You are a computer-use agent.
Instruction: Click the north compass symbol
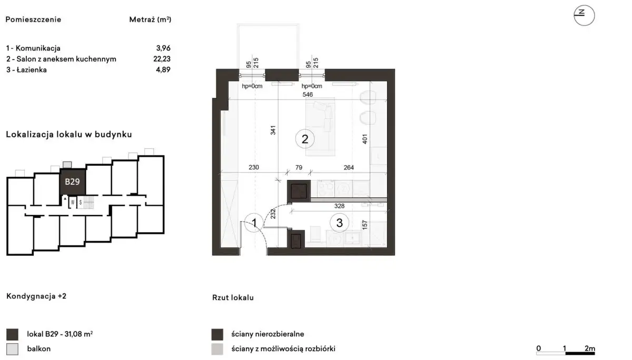click(x=584, y=15)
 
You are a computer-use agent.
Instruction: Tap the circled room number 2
click(x=305, y=139)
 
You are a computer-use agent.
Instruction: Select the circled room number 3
click(x=339, y=223)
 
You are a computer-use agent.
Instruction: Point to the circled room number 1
click(x=254, y=223)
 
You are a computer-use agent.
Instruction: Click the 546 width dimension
click(x=308, y=94)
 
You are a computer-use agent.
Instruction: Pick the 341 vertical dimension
click(x=273, y=130)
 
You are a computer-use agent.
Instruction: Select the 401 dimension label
click(x=364, y=139)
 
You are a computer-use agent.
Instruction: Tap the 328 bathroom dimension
click(x=339, y=206)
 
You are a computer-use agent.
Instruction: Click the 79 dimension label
click(x=299, y=167)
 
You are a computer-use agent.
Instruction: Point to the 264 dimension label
click(x=349, y=167)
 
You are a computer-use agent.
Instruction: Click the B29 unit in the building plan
click(x=72, y=182)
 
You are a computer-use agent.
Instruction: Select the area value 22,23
click(x=162, y=58)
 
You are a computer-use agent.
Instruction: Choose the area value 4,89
click(x=163, y=69)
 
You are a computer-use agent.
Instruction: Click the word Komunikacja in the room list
click(x=38, y=48)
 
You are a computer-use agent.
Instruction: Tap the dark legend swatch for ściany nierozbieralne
click(x=217, y=334)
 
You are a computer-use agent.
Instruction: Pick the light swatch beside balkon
click(x=13, y=349)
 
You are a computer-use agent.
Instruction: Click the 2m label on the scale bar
click(x=590, y=348)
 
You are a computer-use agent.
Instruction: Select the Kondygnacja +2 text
click(x=36, y=296)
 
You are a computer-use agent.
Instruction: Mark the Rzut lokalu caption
click(x=233, y=298)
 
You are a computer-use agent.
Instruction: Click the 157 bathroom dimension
click(x=364, y=225)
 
